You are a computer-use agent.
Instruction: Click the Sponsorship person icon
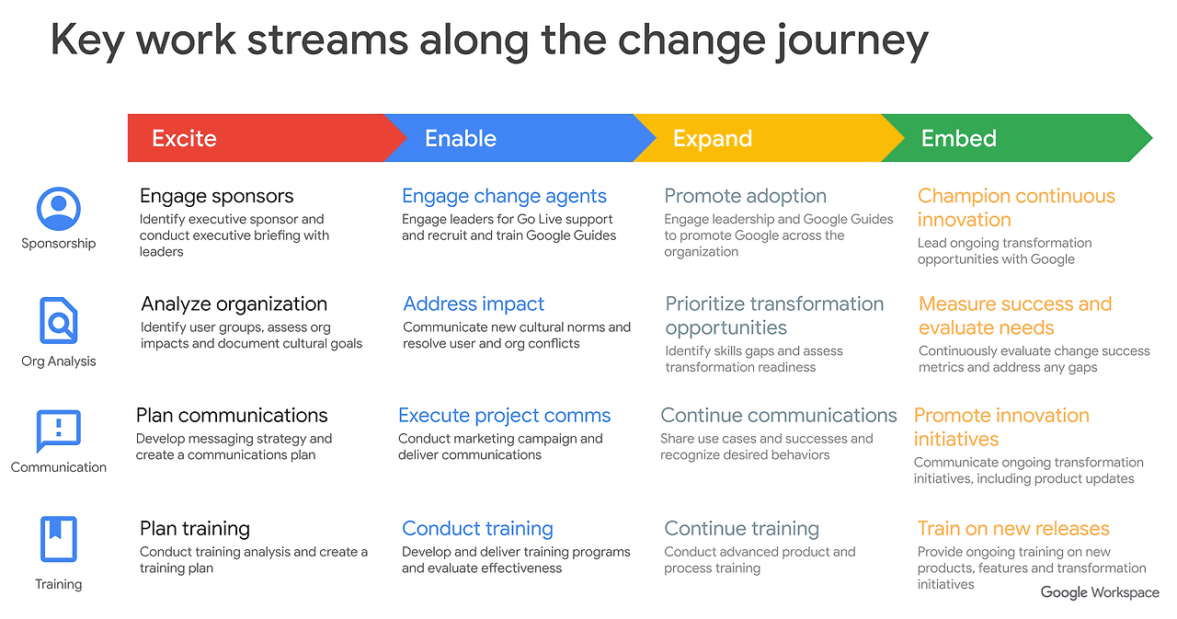59,209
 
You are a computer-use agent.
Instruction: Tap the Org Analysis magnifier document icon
59,321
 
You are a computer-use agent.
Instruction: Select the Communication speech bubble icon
59,430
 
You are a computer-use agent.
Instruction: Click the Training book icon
59,539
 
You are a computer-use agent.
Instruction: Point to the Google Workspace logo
1100,592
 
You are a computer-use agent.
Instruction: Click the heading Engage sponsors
216,196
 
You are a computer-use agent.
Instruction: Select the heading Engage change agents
504,196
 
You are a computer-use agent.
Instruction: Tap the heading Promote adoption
745,196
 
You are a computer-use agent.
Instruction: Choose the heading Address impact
474,304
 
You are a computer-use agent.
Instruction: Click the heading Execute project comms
504,416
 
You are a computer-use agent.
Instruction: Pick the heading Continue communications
778,416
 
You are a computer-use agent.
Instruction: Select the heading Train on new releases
1013,529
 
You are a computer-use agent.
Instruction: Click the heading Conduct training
477,529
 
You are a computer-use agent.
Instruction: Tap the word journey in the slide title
850,42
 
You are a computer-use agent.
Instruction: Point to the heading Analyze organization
234,304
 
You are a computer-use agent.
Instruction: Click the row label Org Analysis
59,361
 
